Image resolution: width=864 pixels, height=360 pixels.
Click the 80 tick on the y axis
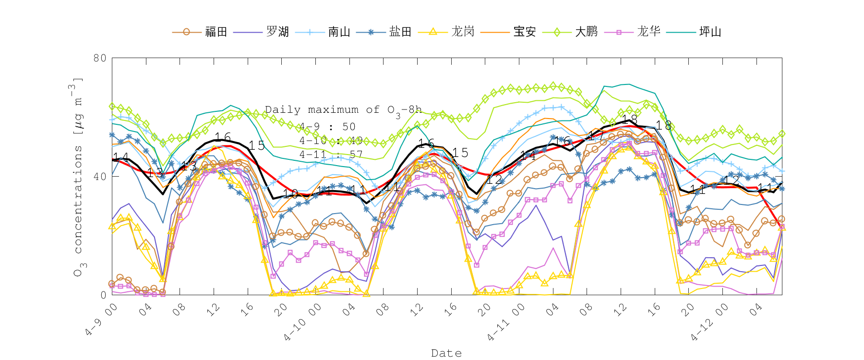100,58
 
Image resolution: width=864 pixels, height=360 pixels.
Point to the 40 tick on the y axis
100,177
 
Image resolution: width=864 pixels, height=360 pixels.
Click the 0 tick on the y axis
103,295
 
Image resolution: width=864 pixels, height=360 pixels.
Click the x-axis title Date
446,353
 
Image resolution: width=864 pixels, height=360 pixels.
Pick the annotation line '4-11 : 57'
331,155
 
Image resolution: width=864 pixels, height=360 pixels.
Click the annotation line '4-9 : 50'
327,127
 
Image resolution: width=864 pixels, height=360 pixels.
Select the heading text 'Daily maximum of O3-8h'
343,110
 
